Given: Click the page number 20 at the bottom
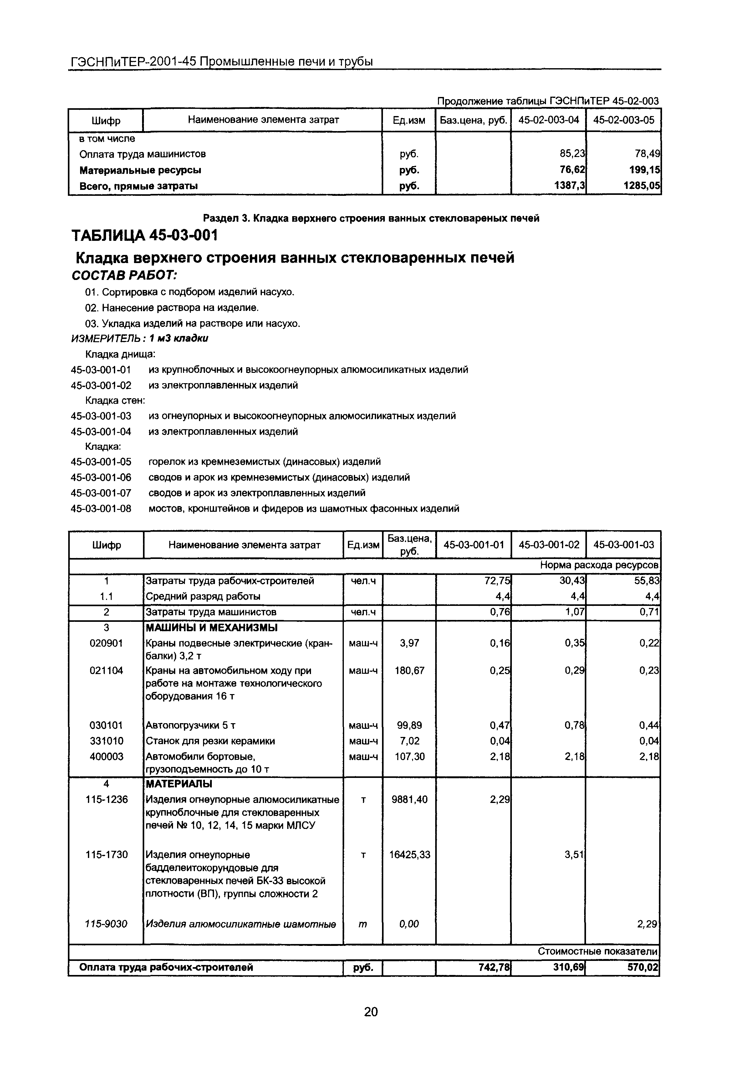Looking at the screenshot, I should click(371, 1012).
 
